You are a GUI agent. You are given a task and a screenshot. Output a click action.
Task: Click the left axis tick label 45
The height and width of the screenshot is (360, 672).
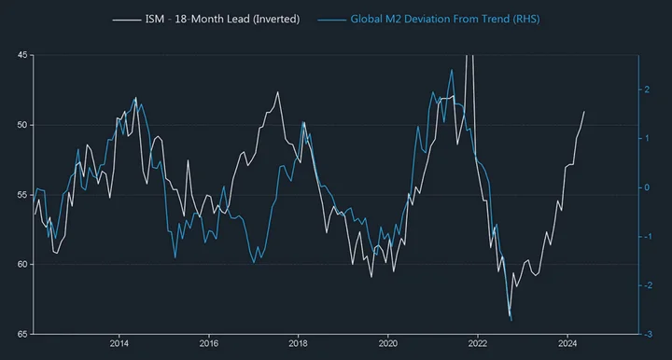[x=22, y=55]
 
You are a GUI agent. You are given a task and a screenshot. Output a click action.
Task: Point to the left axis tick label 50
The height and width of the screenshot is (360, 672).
[x=22, y=125]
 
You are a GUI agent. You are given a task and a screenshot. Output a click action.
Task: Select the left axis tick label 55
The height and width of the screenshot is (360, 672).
[x=22, y=195]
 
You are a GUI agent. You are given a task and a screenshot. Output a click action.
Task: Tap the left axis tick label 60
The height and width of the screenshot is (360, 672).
[x=22, y=265]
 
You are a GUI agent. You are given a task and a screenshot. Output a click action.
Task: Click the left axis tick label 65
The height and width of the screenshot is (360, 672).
[x=22, y=334]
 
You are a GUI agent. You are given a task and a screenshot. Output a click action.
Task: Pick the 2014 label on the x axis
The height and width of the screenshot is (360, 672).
[x=119, y=344]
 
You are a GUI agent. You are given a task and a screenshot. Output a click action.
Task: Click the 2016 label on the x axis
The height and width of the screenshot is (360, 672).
[x=209, y=344]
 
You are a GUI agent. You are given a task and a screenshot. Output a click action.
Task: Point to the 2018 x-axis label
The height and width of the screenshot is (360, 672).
[x=299, y=344]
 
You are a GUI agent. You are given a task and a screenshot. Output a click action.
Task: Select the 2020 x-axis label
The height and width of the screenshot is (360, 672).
[x=388, y=344]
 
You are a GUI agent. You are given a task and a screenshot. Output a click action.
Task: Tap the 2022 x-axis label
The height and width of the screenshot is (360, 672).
[x=478, y=344]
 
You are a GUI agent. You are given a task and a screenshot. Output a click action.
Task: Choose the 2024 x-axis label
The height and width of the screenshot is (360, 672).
[x=567, y=344]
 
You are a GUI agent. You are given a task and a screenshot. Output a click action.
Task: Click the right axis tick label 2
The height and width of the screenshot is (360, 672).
[x=647, y=90]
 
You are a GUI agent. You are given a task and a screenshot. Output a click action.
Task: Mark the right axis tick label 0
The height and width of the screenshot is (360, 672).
[x=647, y=187]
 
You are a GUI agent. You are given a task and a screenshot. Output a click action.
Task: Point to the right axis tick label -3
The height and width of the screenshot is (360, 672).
[x=648, y=334]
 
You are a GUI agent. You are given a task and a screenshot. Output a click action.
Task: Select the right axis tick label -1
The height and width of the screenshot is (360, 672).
[x=648, y=236]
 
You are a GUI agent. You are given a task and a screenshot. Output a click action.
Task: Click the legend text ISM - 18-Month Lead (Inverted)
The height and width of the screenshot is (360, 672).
[x=222, y=20]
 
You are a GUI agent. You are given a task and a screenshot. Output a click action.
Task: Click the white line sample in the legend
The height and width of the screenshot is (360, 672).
[x=127, y=20]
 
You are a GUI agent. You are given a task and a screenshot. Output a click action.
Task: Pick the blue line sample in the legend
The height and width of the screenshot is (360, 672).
[x=331, y=20]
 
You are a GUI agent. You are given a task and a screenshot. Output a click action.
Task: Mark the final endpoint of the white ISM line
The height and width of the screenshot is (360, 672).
[x=584, y=111]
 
